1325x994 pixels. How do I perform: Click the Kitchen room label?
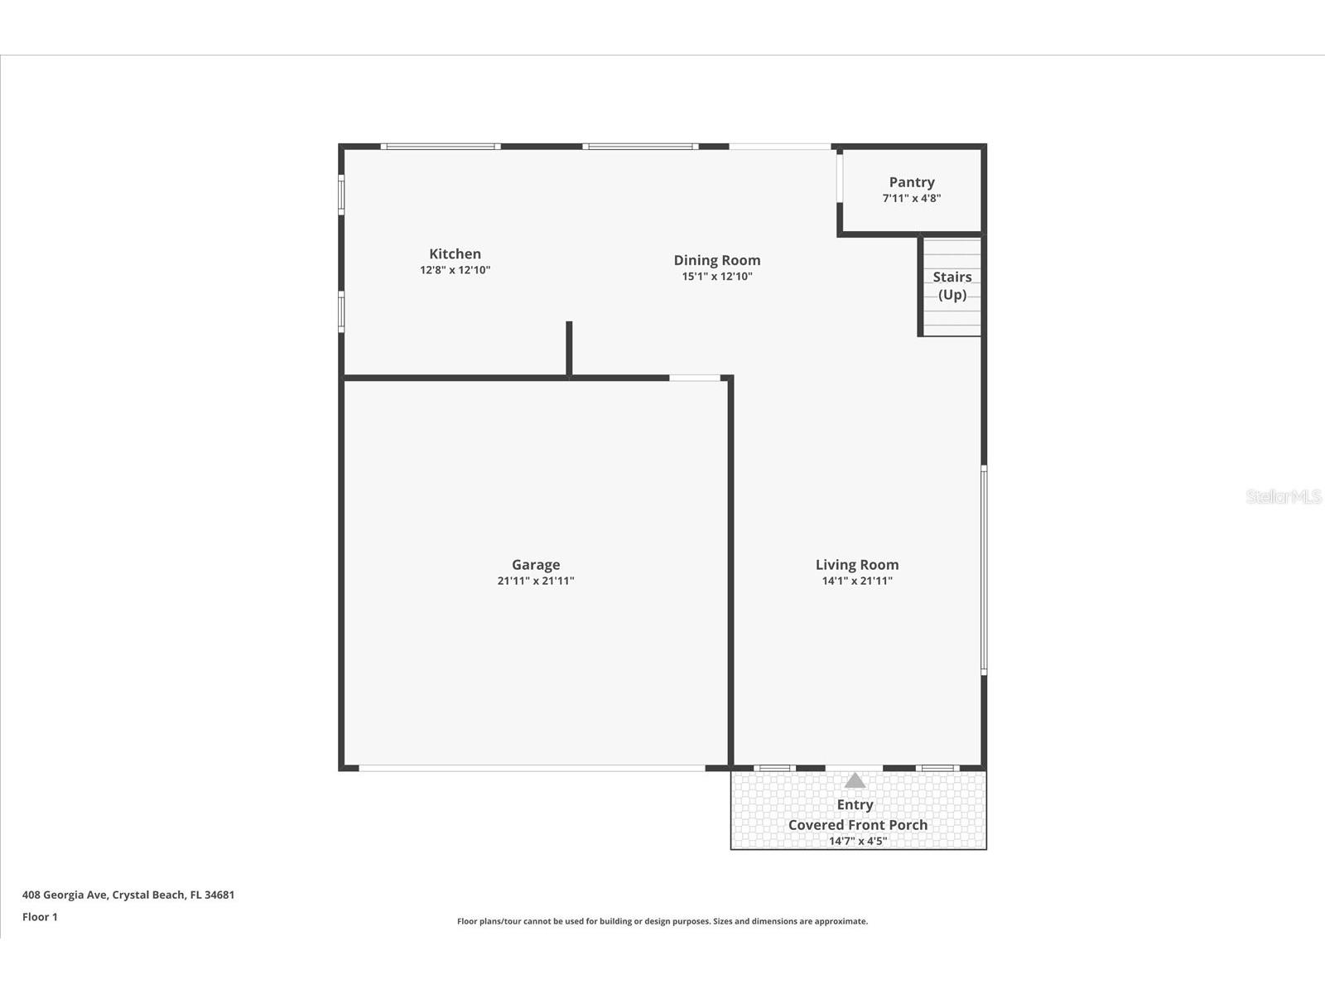[455, 254]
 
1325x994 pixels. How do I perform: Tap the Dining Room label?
[716, 261]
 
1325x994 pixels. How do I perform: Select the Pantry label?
[912, 182]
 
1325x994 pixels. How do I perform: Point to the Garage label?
[536, 565]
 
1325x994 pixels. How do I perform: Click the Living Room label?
[857, 565]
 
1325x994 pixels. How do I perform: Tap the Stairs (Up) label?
[952, 286]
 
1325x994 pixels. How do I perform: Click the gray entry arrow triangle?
[855, 780]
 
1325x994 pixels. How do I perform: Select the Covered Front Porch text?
[858, 825]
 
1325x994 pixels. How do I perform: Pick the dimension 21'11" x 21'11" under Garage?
[536, 581]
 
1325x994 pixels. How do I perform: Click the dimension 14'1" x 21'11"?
[857, 581]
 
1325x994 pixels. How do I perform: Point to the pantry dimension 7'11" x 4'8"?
[912, 198]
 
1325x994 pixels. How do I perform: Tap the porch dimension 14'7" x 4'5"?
[858, 842]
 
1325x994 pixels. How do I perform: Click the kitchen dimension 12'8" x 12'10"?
[455, 270]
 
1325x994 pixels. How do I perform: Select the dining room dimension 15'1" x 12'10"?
[716, 277]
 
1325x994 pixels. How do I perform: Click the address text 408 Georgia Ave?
[128, 895]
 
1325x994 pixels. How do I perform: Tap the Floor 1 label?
[40, 917]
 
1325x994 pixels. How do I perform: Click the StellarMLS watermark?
[1284, 496]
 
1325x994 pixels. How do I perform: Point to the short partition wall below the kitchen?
[569, 349]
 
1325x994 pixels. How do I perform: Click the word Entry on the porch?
[855, 804]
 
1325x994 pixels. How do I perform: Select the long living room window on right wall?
[984, 569]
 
